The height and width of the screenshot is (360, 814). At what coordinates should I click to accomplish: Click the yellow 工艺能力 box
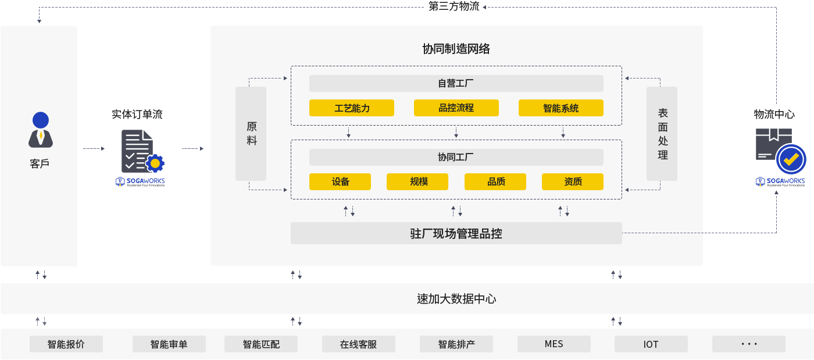pyautogui.click(x=351, y=108)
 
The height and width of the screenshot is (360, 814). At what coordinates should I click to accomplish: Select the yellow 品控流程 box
pyautogui.click(x=456, y=108)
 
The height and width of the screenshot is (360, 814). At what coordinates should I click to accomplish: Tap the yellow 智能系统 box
pyautogui.click(x=560, y=108)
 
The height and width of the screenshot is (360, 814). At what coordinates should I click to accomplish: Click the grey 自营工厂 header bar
pyautogui.click(x=456, y=83)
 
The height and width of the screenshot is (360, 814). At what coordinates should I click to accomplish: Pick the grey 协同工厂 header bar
pyautogui.click(x=456, y=157)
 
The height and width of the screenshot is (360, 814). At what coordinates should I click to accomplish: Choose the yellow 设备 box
pyautogui.click(x=340, y=181)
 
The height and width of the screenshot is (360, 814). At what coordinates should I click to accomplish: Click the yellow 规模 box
pyautogui.click(x=417, y=181)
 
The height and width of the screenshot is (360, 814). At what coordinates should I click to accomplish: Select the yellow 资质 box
pyautogui.click(x=572, y=181)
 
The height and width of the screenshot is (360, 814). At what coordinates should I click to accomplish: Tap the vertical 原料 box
pyautogui.click(x=251, y=134)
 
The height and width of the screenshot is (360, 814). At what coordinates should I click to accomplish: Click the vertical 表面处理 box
pyautogui.click(x=662, y=134)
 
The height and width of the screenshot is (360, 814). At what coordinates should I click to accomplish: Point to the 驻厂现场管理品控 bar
pyautogui.click(x=456, y=233)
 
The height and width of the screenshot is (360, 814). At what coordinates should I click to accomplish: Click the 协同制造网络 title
pyautogui.click(x=456, y=49)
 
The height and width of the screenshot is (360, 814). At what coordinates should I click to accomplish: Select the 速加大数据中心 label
pyautogui.click(x=456, y=299)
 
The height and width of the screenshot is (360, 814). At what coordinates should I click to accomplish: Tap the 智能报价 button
pyautogui.click(x=66, y=344)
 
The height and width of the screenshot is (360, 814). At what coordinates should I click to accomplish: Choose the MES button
pyautogui.click(x=554, y=344)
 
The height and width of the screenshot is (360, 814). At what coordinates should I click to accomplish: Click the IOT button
pyautogui.click(x=651, y=344)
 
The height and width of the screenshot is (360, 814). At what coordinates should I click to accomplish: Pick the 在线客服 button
pyautogui.click(x=358, y=344)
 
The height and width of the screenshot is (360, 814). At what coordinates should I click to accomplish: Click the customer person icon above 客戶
pyautogui.click(x=41, y=130)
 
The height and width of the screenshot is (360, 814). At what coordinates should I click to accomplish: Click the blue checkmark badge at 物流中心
pyautogui.click(x=791, y=158)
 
